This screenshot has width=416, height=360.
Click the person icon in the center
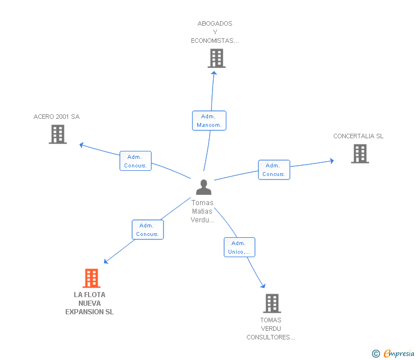pyautogui.click(x=203, y=187)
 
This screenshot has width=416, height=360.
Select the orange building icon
pyautogui.click(x=91, y=278)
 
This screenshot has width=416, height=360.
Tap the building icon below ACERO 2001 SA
pyautogui.click(x=58, y=134)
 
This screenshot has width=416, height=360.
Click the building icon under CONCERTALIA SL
pyautogui.click(x=360, y=154)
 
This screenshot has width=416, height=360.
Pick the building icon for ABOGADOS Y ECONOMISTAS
pyautogui.click(x=217, y=58)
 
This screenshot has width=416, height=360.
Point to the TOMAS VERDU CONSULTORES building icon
pyautogui.click(x=272, y=303)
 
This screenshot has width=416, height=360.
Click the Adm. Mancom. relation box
pyautogui.click(x=209, y=121)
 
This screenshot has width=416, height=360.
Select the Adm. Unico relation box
pyautogui.click(x=239, y=247)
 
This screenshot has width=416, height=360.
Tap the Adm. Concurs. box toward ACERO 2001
pyautogui.click(x=135, y=161)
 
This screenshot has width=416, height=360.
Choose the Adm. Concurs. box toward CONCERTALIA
pyautogui.click(x=274, y=170)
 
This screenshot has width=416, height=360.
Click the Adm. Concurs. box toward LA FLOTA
pyautogui.click(x=148, y=230)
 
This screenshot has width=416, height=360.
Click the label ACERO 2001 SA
pyautogui.click(x=57, y=117)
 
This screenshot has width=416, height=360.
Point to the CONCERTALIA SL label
pyautogui.click(x=358, y=136)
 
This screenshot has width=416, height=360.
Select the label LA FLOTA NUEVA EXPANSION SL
pyautogui.click(x=89, y=303)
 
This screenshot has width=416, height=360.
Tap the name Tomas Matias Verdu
pyautogui.click(x=202, y=211)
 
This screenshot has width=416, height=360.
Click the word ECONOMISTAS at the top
pyautogui.click(x=215, y=41)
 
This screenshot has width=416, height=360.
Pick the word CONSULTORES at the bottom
pyautogui.click(x=271, y=338)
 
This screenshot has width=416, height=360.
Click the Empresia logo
pyautogui.click(x=393, y=353)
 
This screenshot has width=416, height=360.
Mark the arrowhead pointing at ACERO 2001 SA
pyautogui.click(x=82, y=145)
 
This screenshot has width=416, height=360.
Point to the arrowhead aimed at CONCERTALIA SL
pyautogui.click(x=331, y=161)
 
